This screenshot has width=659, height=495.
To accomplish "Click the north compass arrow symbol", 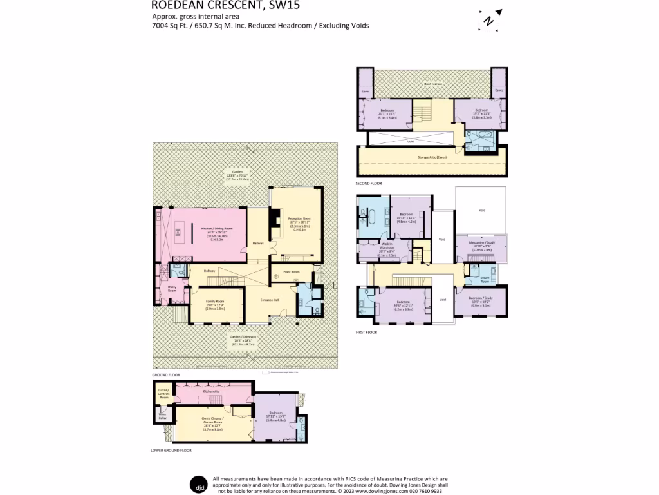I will click(x=490, y=20).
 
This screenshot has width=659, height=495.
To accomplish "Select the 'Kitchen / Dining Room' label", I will click(x=216, y=229).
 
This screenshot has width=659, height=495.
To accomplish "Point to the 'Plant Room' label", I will click(x=291, y=272).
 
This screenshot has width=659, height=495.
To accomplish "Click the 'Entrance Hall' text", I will click(x=269, y=300).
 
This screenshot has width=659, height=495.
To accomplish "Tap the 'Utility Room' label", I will click(x=172, y=289).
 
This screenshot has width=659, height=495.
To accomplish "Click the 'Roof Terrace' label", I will click(x=431, y=84).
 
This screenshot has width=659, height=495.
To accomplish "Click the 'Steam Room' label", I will click(x=485, y=278).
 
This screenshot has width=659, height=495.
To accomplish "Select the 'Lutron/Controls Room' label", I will click(x=163, y=394).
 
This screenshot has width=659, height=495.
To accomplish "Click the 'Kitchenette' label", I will click(x=211, y=391).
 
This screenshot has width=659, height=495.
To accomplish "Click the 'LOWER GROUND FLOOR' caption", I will click(x=172, y=451).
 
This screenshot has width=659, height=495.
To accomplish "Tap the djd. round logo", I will click(x=198, y=484).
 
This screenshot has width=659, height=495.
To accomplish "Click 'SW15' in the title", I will click(x=283, y=6).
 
